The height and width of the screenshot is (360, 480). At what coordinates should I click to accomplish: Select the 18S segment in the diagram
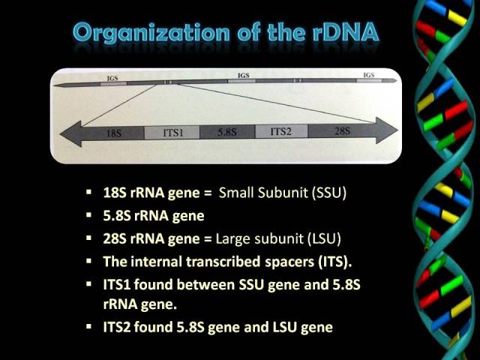[x=113, y=133]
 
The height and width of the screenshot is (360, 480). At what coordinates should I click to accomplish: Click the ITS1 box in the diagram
[x=172, y=133]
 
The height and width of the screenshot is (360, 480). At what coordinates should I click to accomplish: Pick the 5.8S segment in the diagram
[x=227, y=132]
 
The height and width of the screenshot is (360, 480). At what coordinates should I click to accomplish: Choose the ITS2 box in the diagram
[x=281, y=131]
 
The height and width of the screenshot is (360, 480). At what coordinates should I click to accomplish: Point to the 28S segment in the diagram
[x=342, y=130]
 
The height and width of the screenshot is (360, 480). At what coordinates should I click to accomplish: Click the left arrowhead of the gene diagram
[x=71, y=133]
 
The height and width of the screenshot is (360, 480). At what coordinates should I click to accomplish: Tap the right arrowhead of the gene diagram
[x=387, y=130]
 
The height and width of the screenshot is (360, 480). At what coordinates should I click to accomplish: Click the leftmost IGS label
[x=112, y=78]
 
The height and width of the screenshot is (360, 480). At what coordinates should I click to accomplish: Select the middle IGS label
[x=243, y=75]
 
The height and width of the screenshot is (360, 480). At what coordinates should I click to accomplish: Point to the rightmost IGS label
[x=368, y=75]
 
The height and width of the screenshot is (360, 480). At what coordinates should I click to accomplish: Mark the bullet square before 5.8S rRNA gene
[x=88, y=215]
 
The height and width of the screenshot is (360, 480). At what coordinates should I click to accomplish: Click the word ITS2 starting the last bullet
[x=117, y=327]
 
